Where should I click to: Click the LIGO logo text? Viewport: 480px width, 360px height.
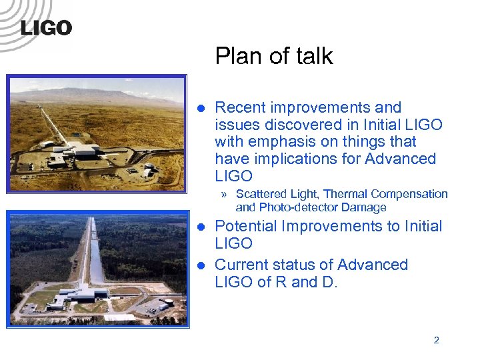click(x=46, y=28)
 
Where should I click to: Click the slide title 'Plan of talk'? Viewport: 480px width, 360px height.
click(x=273, y=57)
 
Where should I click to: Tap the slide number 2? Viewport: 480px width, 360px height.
click(x=436, y=340)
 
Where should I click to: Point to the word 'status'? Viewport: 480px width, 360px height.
click(x=291, y=265)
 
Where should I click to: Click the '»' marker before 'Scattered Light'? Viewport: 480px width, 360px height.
click(x=226, y=195)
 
